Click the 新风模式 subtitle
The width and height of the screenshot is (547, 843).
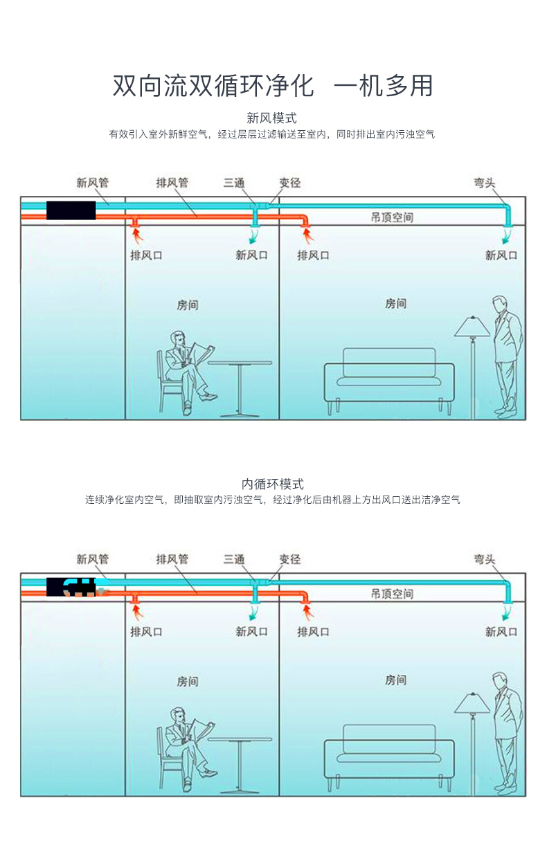tap(271, 118)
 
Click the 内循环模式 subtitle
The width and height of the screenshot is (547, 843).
tap(273, 484)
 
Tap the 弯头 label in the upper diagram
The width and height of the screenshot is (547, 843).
tap(485, 183)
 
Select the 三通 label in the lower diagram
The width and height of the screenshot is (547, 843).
tap(234, 559)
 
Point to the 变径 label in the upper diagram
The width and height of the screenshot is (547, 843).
tap(290, 183)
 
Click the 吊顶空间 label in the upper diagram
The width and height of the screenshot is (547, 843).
tap(392, 217)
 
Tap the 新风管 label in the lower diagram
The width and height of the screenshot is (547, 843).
tap(92, 559)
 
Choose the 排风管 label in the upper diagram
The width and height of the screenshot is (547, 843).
tap(172, 183)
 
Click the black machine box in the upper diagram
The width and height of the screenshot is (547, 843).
tap(71, 210)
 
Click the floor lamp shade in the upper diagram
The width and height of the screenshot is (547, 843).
tap(472, 327)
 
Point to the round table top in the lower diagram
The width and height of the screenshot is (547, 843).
tap(240, 739)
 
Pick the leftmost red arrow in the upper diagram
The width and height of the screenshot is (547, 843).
tap(138, 236)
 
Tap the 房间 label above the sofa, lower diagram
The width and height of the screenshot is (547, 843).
tap(395, 680)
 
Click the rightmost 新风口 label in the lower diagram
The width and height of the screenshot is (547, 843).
tap(501, 631)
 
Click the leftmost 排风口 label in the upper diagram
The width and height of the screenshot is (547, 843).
tap(147, 255)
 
